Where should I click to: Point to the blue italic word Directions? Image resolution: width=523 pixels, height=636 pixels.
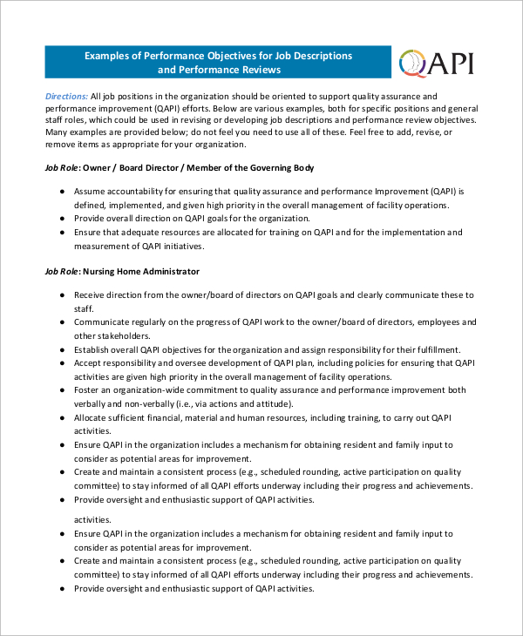tap(66, 96)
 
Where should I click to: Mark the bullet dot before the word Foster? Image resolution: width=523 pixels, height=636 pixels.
tap(62, 390)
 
